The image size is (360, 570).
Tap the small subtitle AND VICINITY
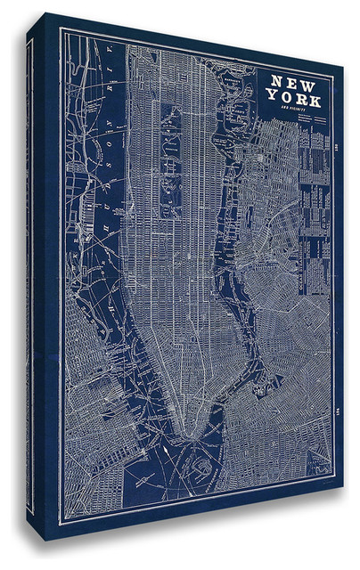click(x=289, y=110)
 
